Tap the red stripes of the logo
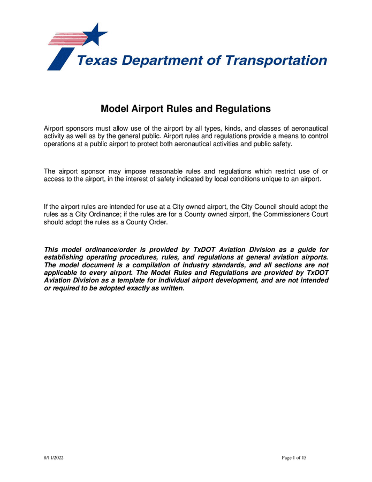tap(64, 39)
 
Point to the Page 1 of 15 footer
tap(294, 458)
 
